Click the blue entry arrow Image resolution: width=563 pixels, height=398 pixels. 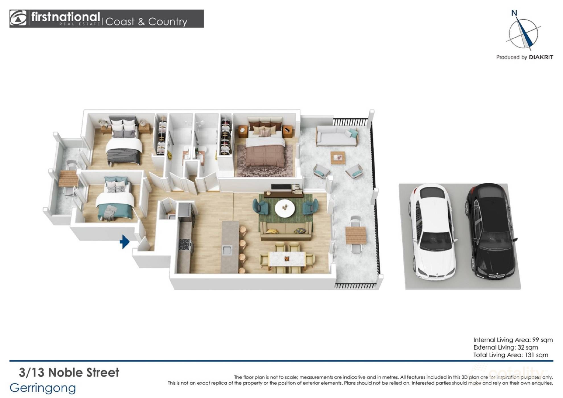pos(125,242)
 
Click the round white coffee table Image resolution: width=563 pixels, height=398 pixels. pos(285,208)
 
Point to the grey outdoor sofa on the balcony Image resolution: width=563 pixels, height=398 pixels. pos(337,136)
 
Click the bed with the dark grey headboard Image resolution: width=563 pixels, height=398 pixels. pos(124,141)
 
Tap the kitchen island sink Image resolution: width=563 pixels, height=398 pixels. pos(227,250)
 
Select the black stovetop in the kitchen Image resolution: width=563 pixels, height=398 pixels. pos(185,245)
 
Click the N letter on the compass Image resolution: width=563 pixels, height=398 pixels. pos(514,13)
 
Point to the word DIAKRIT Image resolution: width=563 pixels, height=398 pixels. pos(541,57)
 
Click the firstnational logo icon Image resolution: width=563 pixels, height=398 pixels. pos(18,18)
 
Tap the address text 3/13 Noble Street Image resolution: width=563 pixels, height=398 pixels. pos(69,372)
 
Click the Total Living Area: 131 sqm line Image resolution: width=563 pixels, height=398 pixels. pos(511,355)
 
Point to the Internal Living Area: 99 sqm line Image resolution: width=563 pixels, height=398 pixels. pos(513,340)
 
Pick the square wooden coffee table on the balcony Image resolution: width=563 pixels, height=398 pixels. pos(338,158)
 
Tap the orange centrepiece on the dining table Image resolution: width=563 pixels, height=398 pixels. pos(287,259)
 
